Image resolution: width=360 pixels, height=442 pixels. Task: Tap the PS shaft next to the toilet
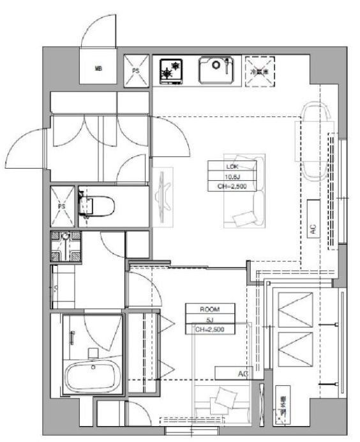click(x=63, y=206)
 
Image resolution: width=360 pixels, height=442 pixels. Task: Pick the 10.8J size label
click(x=232, y=175)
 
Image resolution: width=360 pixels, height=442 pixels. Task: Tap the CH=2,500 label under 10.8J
click(x=232, y=187)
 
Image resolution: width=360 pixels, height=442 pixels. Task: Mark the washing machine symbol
click(x=65, y=246)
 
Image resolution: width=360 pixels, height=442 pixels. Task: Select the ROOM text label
click(x=210, y=308)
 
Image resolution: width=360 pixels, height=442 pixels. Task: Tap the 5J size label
click(x=210, y=319)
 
